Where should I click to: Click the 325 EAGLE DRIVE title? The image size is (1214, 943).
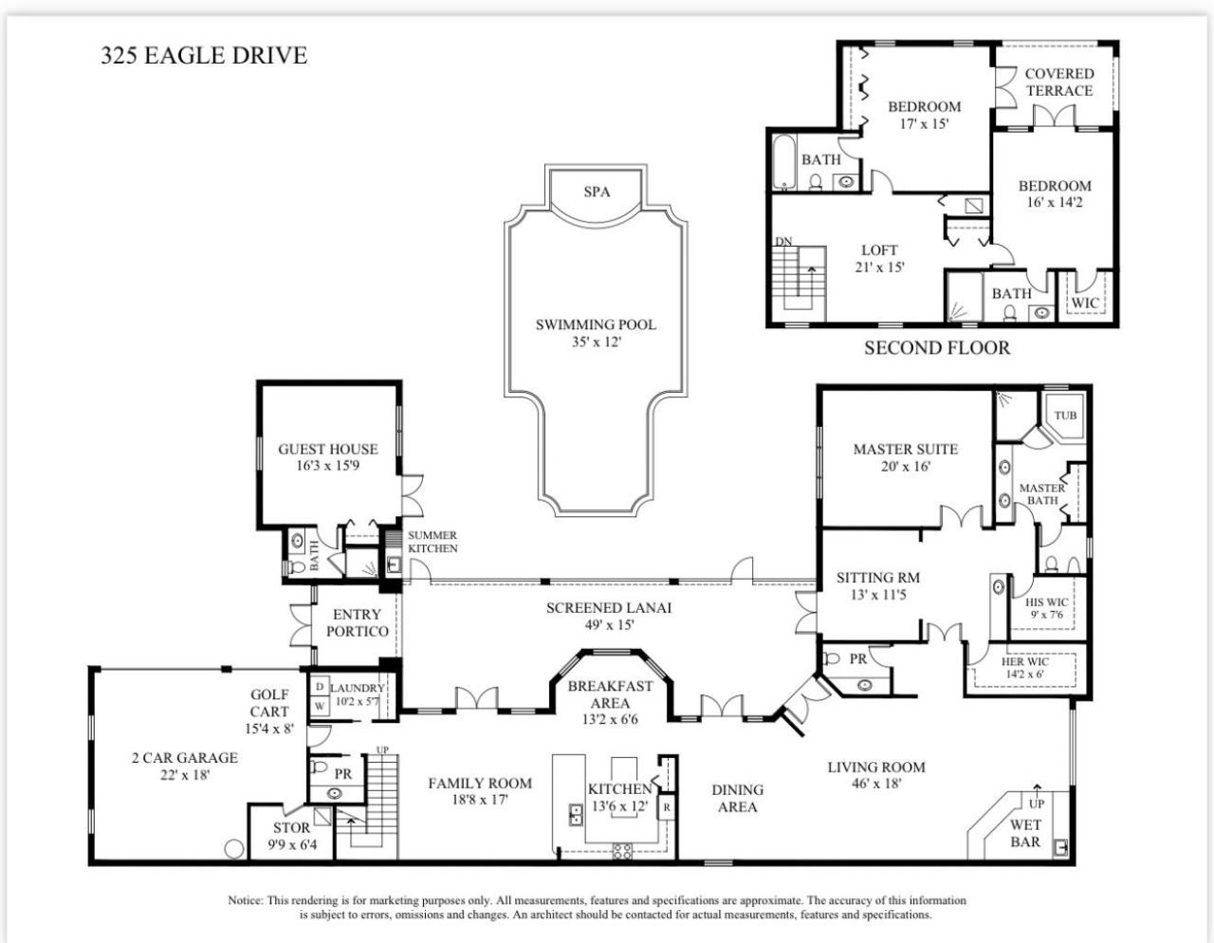tap(204, 55)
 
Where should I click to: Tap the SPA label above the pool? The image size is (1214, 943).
tap(597, 192)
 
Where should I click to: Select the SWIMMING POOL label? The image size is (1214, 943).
tap(596, 324)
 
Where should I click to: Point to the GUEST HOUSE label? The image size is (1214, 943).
tap(327, 449)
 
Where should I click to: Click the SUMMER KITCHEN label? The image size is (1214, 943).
tap(432, 542)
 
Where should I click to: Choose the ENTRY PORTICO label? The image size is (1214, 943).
tap(357, 622)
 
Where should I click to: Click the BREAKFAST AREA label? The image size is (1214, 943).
tap(610, 694)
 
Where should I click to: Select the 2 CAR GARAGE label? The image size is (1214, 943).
tap(184, 757)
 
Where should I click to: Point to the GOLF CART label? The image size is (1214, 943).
tap(269, 703)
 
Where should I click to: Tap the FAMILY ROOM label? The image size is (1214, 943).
tap(479, 783)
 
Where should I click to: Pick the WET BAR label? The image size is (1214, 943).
tap(1024, 833)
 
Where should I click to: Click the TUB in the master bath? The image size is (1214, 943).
tap(1065, 416)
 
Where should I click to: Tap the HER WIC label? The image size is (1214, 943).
tap(1024, 661)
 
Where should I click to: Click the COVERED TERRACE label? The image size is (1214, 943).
tap(1058, 82)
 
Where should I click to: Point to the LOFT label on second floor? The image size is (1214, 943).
tap(879, 250)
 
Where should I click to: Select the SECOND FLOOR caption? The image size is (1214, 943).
tap(936, 348)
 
